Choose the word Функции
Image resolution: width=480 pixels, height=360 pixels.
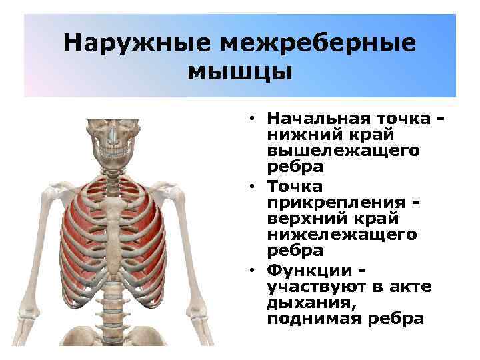tap(307, 271)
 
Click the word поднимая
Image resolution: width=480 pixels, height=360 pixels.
tap(306, 319)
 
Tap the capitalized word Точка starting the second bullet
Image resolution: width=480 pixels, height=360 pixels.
tap(294, 185)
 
